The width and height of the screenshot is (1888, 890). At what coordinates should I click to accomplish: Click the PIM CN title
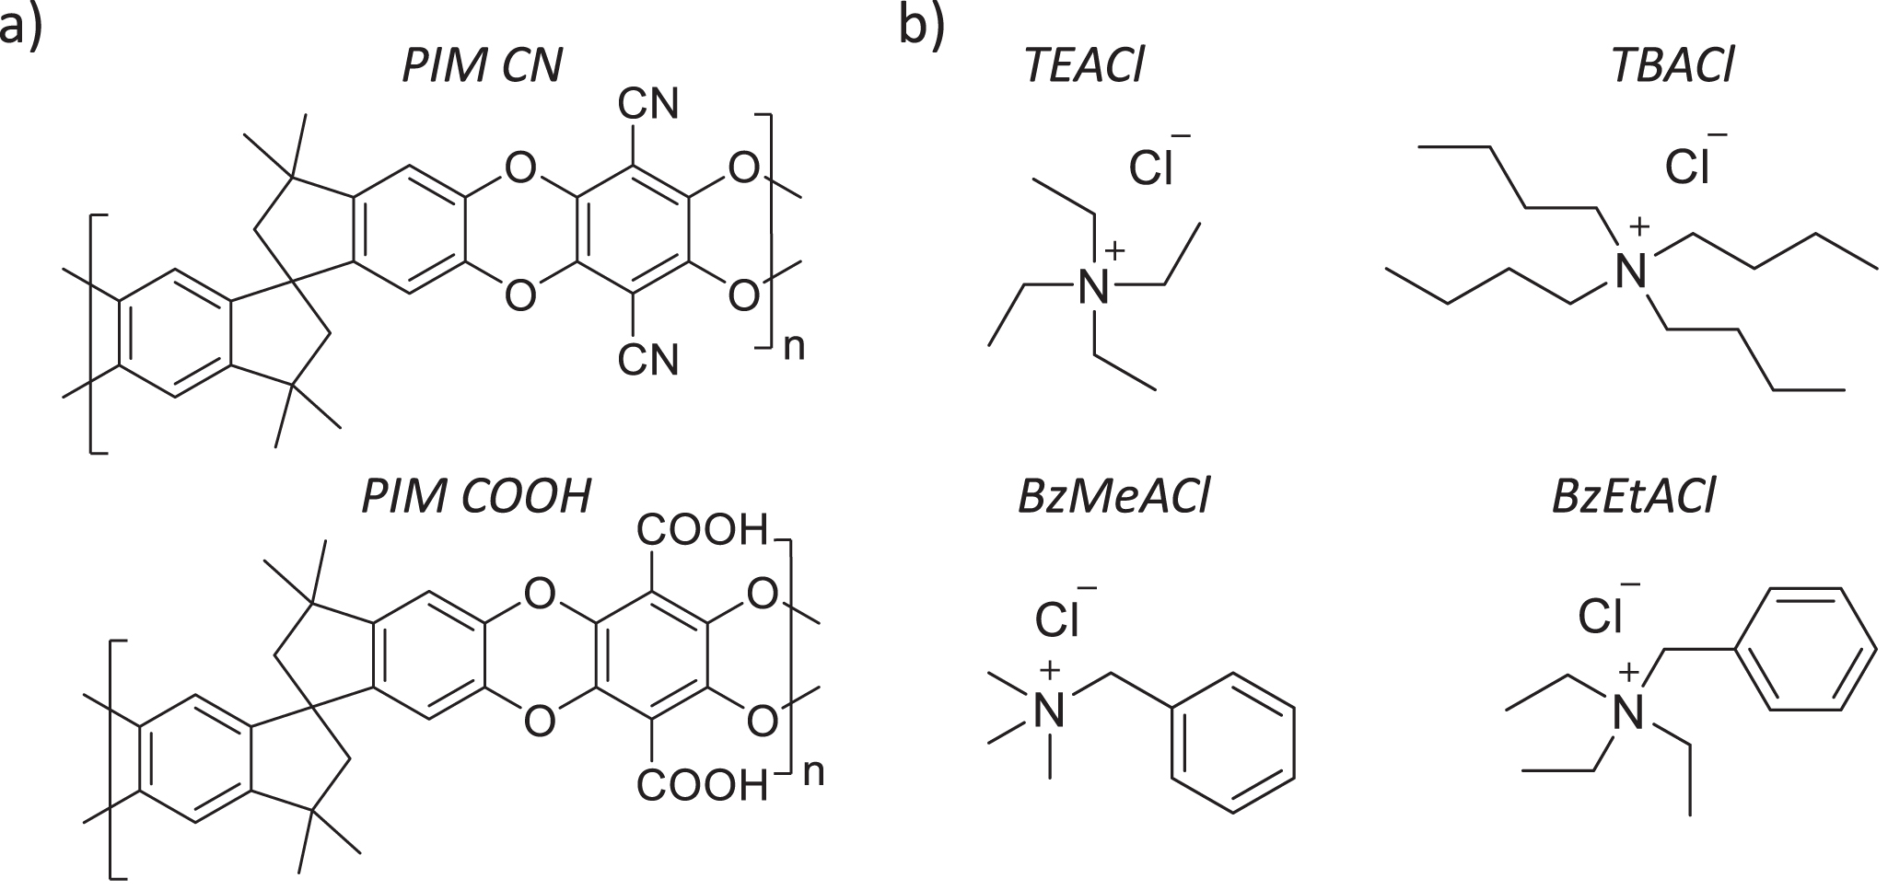click(x=482, y=66)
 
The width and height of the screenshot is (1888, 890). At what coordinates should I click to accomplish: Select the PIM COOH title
click(x=475, y=497)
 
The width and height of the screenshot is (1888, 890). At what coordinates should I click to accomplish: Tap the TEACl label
click(x=1083, y=66)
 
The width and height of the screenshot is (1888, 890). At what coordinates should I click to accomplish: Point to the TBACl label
click(x=1672, y=66)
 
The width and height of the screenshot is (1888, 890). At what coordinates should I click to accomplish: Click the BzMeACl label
click(x=1113, y=497)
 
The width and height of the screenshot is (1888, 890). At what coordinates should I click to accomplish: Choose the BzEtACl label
click(x=1632, y=497)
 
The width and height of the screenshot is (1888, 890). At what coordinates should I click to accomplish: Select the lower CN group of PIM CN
click(x=647, y=360)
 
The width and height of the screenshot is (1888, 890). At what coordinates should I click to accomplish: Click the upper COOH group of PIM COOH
click(x=702, y=531)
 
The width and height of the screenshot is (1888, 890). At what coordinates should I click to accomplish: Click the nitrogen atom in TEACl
click(x=1094, y=289)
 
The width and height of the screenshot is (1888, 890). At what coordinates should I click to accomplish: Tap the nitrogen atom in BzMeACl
click(x=1049, y=710)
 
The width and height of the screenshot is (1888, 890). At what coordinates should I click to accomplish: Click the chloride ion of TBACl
click(x=1687, y=168)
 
